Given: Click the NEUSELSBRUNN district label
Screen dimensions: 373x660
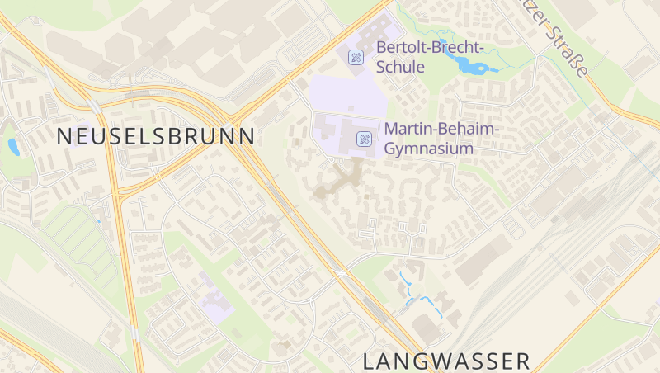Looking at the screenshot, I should point(156,137).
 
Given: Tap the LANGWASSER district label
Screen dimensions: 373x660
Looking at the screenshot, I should point(446,361).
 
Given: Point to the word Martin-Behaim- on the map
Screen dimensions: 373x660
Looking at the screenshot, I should point(442,130).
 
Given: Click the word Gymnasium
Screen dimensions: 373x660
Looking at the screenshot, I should point(429,149).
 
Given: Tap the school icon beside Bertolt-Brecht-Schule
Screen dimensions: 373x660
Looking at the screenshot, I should point(356,57).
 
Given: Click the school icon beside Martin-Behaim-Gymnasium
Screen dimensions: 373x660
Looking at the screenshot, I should point(362,139).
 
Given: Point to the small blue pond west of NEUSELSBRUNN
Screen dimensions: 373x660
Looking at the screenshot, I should point(13,147).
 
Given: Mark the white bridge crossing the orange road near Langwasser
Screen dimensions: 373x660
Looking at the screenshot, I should point(340,271).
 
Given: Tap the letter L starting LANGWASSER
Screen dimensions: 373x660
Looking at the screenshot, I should point(369,361).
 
